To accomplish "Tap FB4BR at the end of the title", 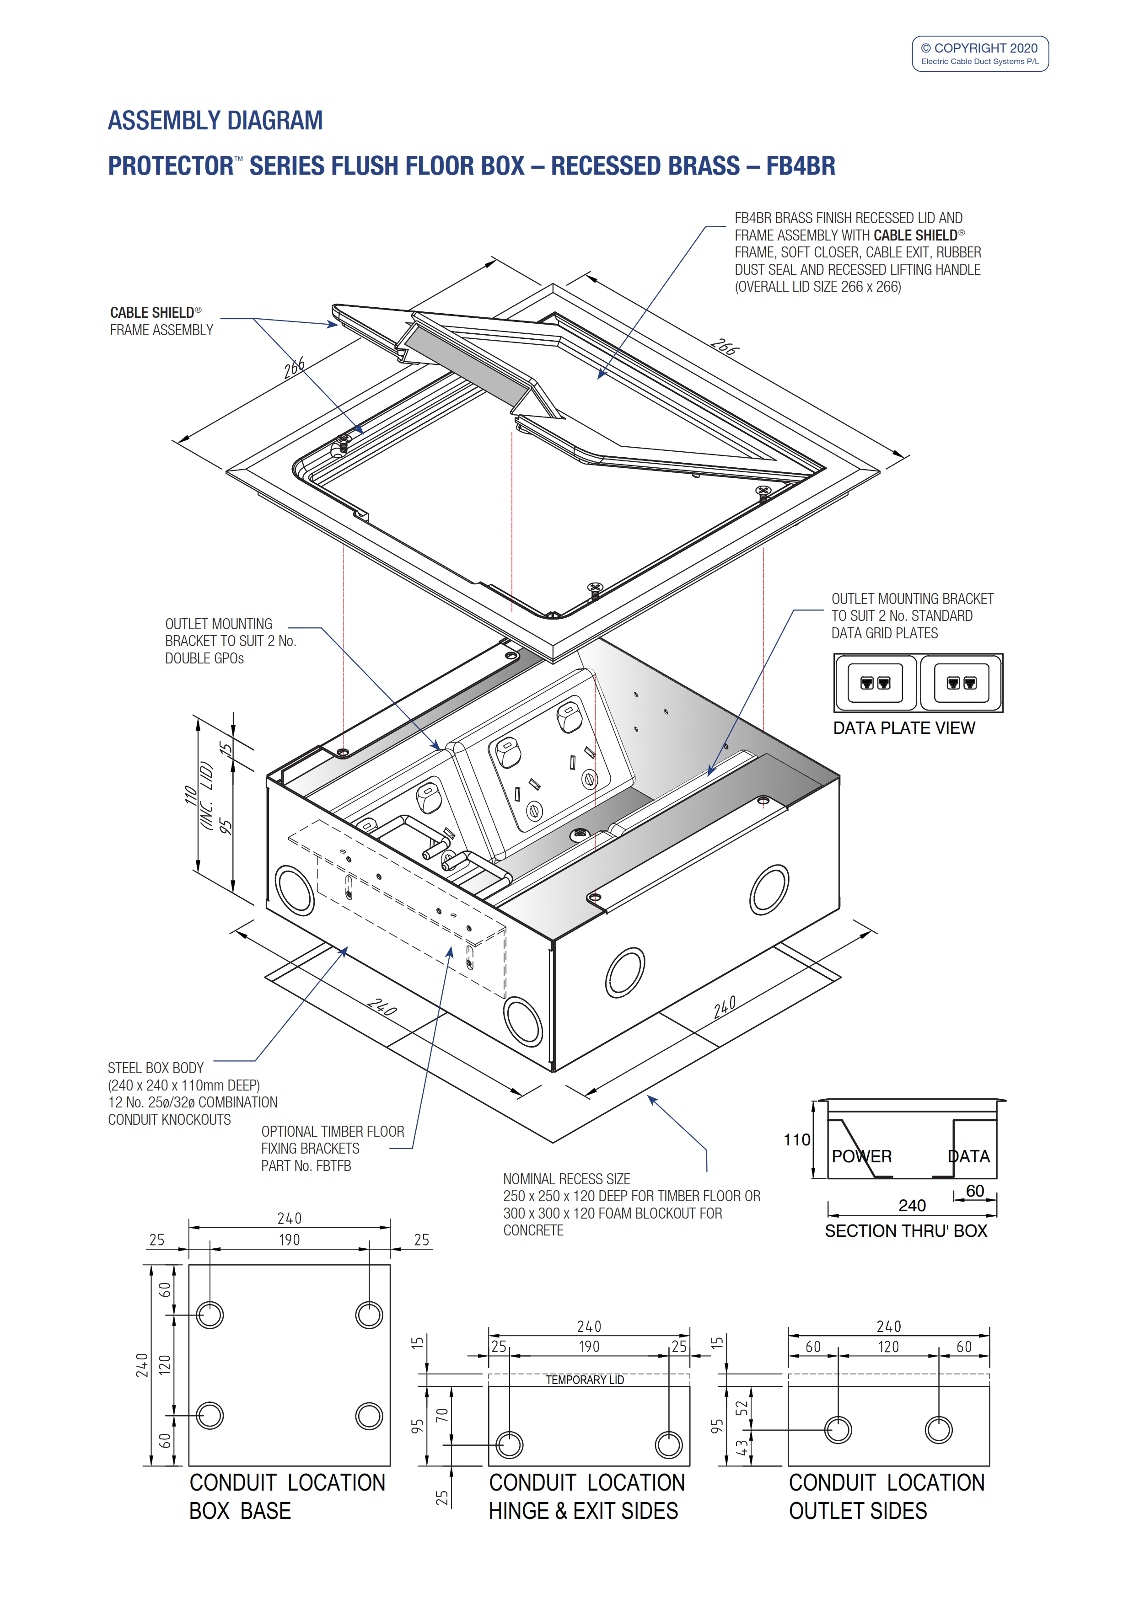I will [x=800, y=166].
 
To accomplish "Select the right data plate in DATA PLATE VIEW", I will [x=961, y=683].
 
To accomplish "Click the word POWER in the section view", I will [x=861, y=1156].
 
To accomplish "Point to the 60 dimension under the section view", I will [x=975, y=1191].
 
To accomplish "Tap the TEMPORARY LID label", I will [x=585, y=1380].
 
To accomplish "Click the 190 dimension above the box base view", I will [x=289, y=1240].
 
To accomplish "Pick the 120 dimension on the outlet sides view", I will [x=888, y=1347].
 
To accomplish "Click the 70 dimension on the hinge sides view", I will [x=441, y=1415].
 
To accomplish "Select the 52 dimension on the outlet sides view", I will [x=742, y=1408].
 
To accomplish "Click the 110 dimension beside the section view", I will [x=796, y=1140].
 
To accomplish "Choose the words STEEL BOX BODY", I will [x=155, y=1068].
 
